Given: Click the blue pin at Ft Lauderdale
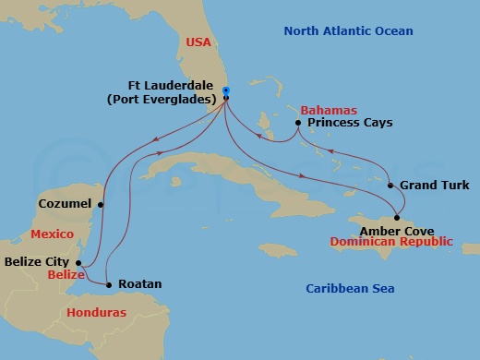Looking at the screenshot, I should [x=226, y=92].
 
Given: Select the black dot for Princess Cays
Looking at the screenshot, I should [x=298, y=123].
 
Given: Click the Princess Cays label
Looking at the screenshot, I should [x=350, y=123].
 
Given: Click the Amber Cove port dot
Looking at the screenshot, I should [x=397, y=217].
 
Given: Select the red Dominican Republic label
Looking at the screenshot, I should [x=391, y=242].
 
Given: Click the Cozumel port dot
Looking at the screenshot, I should [x=102, y=203].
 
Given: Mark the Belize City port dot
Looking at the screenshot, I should [x=79, y=263].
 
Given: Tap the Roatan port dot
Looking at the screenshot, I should [x=109, y=284].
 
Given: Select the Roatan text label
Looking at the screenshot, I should [x=140, y=284].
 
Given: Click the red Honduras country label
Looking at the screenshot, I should [x=97, y=314].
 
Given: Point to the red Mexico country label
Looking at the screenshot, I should [x=52, y=234].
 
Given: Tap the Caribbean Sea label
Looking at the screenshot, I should [x=350, y=290].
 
